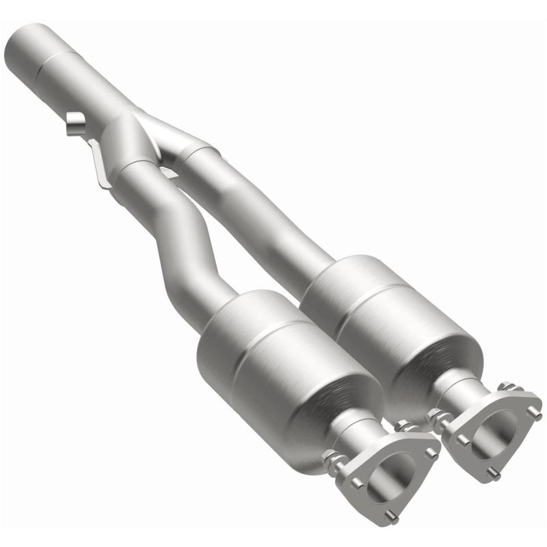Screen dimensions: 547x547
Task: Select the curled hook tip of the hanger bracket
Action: tap(75, 126)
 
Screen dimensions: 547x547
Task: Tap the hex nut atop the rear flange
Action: tap(507, 388)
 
